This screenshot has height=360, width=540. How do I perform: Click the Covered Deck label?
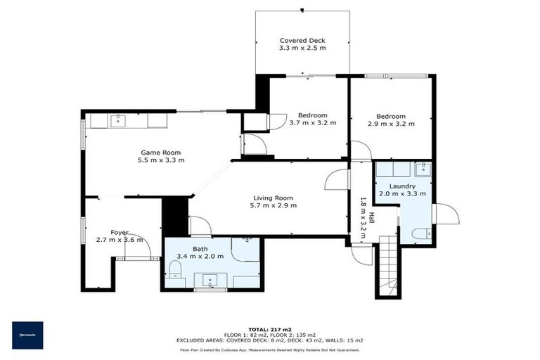click(302, 41)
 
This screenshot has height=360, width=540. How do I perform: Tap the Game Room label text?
click(161, 153)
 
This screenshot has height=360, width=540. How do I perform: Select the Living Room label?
click(274, 198)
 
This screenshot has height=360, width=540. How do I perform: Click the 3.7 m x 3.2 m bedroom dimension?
click(313, 123)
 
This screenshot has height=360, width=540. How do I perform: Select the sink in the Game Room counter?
click(117, 121)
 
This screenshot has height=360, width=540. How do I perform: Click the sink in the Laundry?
click(422, 169)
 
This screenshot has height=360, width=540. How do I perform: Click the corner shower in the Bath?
click(247, 246)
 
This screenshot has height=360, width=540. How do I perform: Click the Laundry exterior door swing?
click(445, 213)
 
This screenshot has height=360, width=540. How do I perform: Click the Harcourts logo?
click(27, 335)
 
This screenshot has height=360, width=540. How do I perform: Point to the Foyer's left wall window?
click(84, 232)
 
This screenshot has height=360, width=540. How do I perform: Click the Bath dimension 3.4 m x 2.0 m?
click(201, 257)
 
